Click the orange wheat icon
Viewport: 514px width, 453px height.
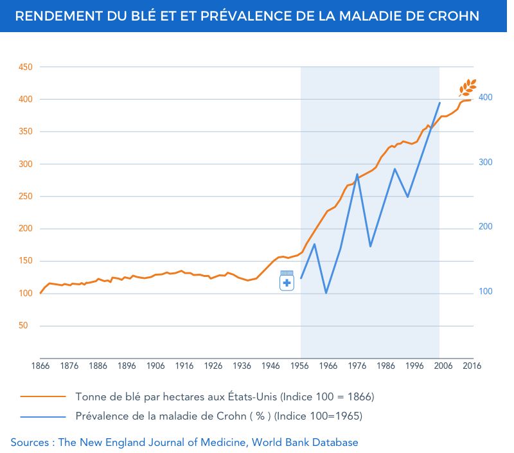pos(468,88)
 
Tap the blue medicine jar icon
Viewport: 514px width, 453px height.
pos(287,281)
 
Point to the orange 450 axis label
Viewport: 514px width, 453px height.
pos(26,67)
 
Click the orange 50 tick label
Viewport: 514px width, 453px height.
pos(23,326)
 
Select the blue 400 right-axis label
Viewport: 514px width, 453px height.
pos(486,98)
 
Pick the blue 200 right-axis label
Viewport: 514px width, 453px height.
pos(486,226)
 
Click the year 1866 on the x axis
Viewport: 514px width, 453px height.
pos(40,366)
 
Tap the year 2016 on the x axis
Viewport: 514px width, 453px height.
pos(472,366)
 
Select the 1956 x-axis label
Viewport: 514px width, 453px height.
pos(299,366)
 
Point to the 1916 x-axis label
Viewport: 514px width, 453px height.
pos(184,366)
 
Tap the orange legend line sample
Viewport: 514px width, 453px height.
pos(43,396)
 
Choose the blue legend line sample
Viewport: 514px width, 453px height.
pos(43,416)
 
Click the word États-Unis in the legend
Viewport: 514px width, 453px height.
pos(252,396)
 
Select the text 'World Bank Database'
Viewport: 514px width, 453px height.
pos(305,443)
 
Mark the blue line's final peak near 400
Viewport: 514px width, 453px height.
pos(439,103)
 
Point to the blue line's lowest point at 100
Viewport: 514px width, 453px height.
pos(326,293)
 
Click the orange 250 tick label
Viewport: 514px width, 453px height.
pos(26,197)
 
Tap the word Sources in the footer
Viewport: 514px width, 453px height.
pos(30,443)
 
